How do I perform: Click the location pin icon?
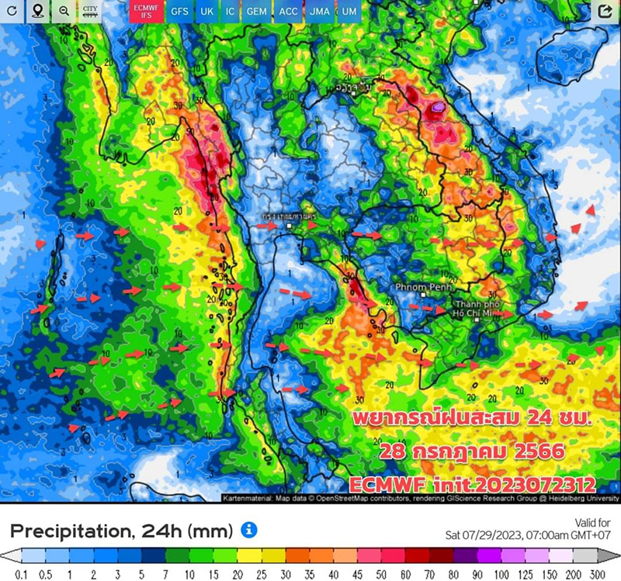point(37,12)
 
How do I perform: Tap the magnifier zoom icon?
point(63,12)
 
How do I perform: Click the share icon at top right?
point(605,12)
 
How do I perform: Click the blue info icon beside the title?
point(248,531)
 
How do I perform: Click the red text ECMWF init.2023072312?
point(471,484)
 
